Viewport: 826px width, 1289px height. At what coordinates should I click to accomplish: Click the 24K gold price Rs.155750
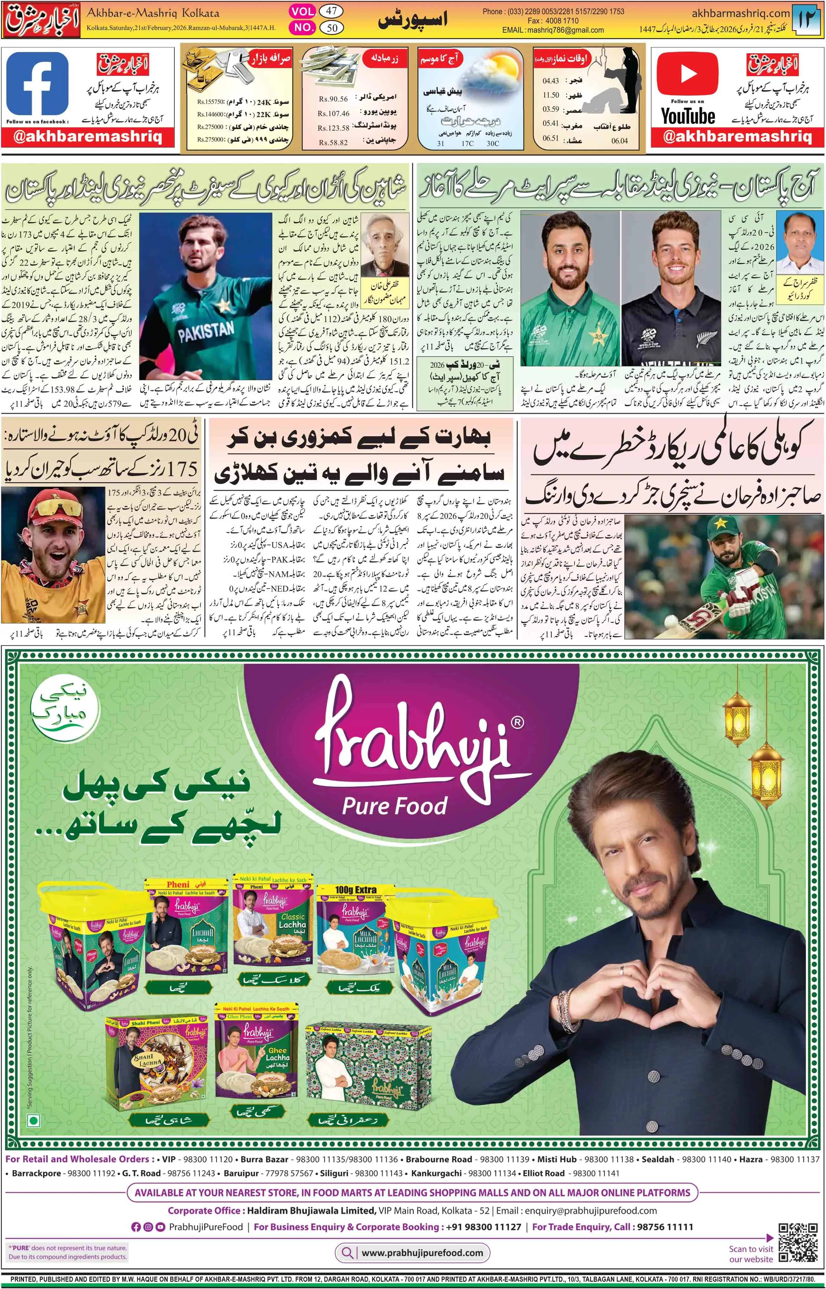210,102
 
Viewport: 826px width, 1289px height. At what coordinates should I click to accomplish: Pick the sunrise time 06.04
619,141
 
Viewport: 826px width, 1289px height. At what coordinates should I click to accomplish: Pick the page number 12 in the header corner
807,19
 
